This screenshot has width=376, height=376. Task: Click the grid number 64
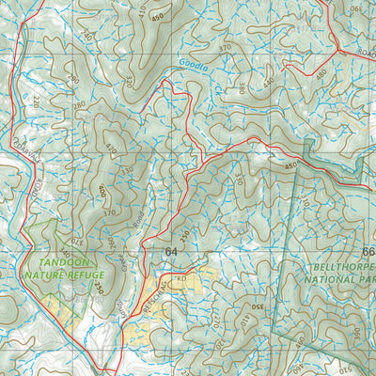[x=170, y=252]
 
